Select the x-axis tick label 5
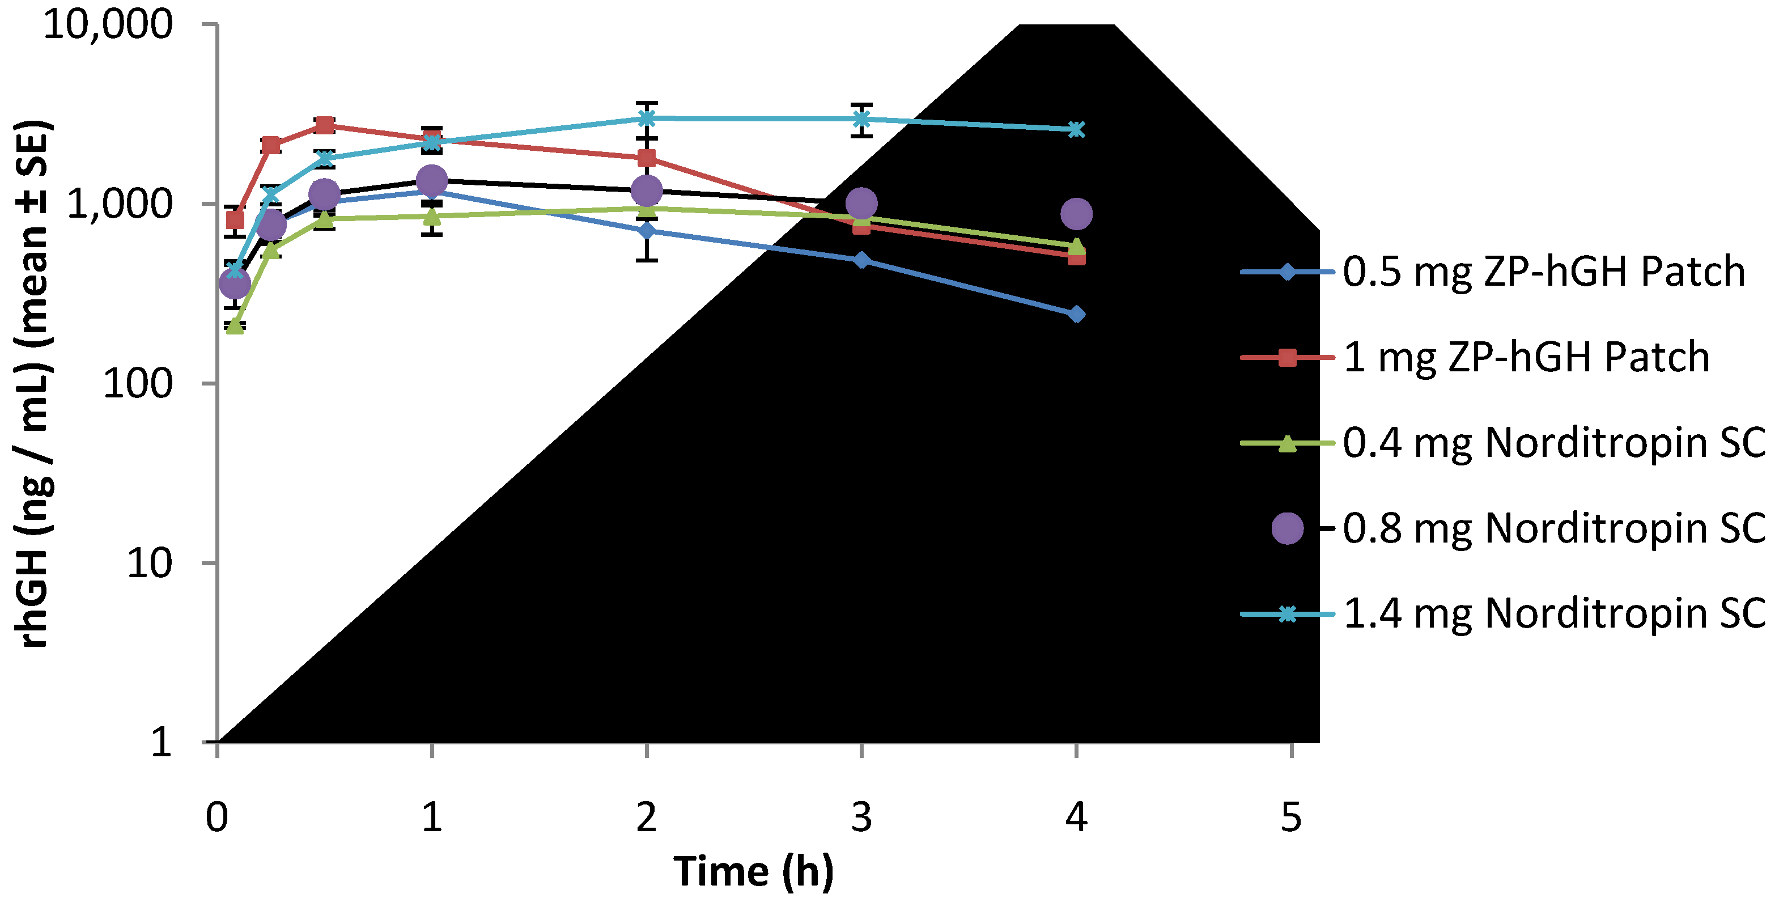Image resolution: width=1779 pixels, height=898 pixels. point(1290,817)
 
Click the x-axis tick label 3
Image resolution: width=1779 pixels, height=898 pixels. point(861,817)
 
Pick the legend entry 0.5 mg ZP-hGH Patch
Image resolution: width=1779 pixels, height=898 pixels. point(1543,272)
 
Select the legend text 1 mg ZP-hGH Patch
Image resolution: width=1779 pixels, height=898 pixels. point(1526,357)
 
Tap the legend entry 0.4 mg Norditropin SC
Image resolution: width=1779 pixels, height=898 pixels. point(1554,443)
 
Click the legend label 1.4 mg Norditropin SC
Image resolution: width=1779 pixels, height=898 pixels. point(1554,613)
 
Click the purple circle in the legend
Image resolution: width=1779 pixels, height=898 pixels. point(1287,528)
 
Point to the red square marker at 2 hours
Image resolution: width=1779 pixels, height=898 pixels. point(647,159)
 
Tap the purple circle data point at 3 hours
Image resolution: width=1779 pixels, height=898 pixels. point(861,204)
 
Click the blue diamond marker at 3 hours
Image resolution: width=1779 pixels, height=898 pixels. point(861,260)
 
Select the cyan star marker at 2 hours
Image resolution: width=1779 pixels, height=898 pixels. point(647,118)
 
